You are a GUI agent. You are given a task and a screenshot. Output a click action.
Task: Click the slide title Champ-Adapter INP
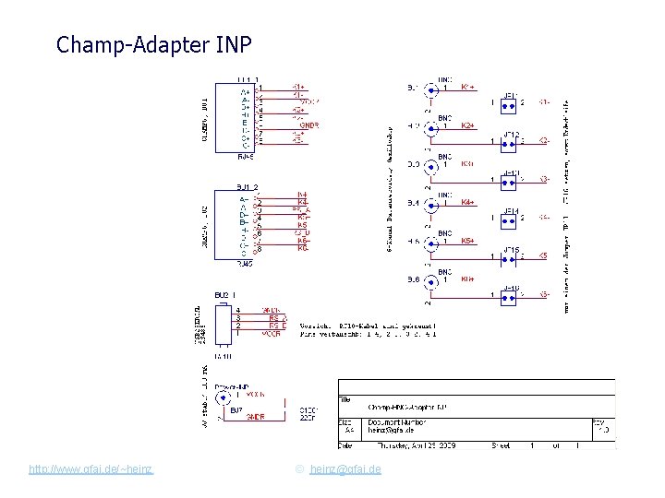[153, 44]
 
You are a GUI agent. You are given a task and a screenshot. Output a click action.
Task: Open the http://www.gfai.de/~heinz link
[91, 469]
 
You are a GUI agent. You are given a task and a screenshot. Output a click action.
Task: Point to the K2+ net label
[468, 125]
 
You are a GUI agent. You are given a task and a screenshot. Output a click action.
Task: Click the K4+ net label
[468, 202]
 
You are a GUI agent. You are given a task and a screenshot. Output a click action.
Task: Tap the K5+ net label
[468, 241]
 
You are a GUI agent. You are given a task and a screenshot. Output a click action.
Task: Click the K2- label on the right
[545, 141]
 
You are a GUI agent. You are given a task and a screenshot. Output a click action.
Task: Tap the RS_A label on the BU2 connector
[277, 318]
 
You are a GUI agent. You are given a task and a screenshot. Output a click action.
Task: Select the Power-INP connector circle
[223, 398]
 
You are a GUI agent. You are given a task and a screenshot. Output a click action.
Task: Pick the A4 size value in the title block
[349, 431]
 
